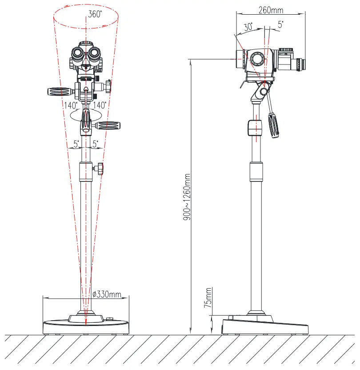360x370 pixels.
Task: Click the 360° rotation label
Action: pyautogui.click(x=95, y=14)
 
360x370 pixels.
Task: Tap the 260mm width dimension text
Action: pyautogui.click(x=271, y=10)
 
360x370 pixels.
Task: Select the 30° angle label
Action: pyautogui.click(x=248, y=27)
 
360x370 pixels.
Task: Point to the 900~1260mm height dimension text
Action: pyautogui.click(x=187, y=197)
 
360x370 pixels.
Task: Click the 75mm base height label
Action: pyautogui.click(x=208, y=298)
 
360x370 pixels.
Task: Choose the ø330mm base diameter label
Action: pyautogui.click(x=107, y=294)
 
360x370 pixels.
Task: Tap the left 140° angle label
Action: pyautogui.click(x=71, y=105)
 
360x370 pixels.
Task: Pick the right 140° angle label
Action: pyautogui.click(x=100, y=105)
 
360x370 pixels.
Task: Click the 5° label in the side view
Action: pyautogui.click(x=280, y=24)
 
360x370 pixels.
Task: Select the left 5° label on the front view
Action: pyautogui.click(x=76, y=144)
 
